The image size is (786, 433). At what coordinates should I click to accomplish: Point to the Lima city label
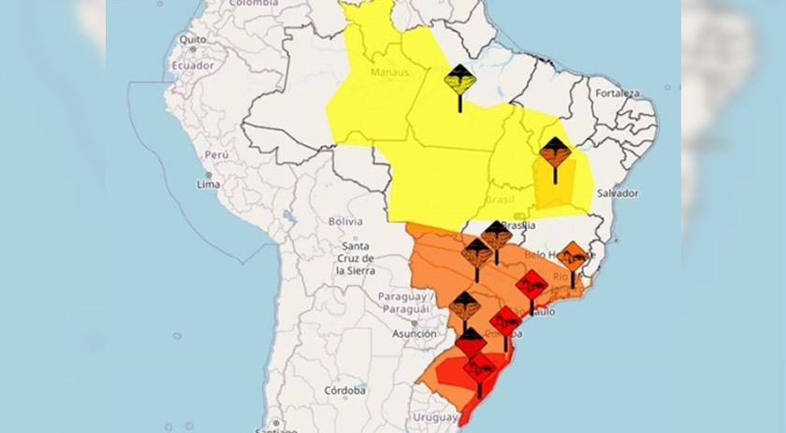(208, 185)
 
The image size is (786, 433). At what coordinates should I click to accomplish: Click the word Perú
(216, 154)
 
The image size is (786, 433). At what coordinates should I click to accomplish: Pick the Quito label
(192, 40)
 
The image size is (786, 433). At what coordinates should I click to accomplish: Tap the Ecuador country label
(192, 65)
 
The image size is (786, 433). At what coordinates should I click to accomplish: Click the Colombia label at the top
(254, 4)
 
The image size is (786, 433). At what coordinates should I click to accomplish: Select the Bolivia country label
(344, 222)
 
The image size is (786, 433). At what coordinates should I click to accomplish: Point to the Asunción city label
(414, 333)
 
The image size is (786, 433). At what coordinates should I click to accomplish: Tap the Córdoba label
(344, 390)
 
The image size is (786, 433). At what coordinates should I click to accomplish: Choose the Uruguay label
(436, 416)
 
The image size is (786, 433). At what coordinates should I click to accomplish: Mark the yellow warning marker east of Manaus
(459, 79)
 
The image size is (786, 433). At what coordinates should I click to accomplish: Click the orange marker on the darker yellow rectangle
(555, 152)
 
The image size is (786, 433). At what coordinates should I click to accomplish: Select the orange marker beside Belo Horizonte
(573, 255)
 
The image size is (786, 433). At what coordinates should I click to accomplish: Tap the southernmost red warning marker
(480, 368)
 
